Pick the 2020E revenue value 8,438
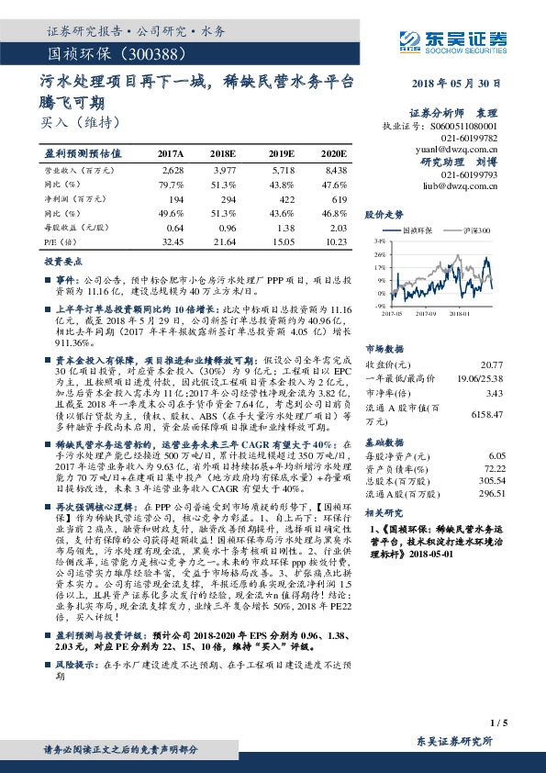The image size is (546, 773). point(336,171)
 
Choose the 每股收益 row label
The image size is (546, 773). point(71,226)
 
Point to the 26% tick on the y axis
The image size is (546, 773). point(380,254)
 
